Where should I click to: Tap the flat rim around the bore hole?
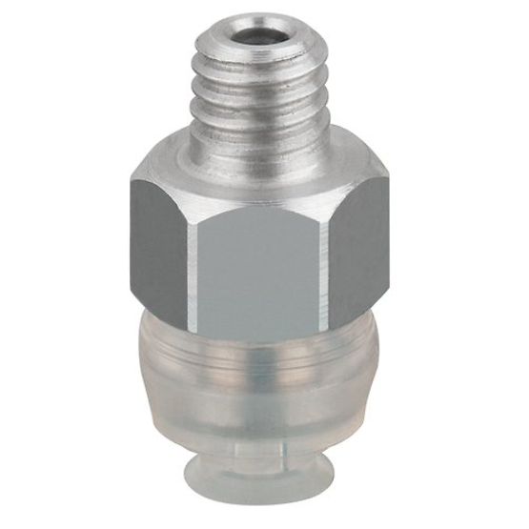[x=234, y=35]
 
